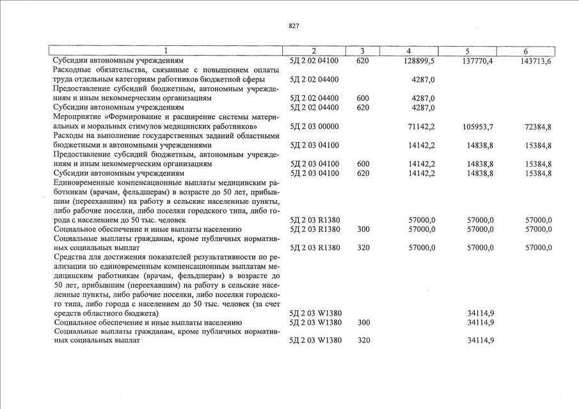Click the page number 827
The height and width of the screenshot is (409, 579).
pyautogui.click(x=294, y=26)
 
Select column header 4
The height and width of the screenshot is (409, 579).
pyautogui.click(x=408, y=51)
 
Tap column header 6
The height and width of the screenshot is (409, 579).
pyautogui.click(x=525, y=51)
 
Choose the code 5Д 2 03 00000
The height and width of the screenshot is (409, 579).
pyautogui.click(x=314, y=127)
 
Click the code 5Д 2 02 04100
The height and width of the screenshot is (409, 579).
pyautogui.click(x=314, y=61)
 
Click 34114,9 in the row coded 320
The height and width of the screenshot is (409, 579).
pyautogui.click(x=480, y=341)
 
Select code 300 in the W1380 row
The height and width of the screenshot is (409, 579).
pyautogui.click(x=363, y=323)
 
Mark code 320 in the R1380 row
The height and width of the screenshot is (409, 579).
pyautogui.click(x=363, y=247)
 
